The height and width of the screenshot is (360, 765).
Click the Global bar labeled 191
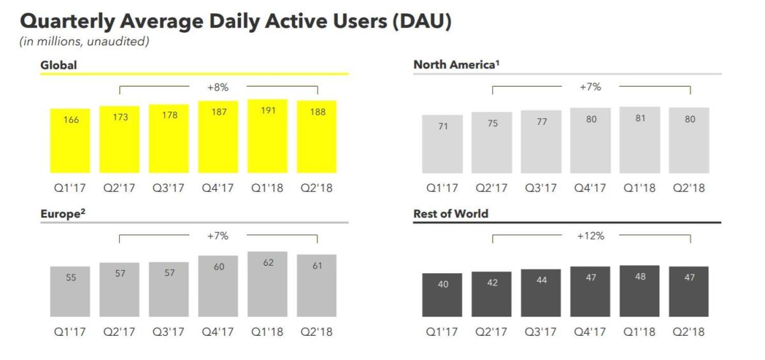[x=267, y=136]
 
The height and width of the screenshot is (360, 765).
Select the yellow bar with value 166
[x=70, y=141]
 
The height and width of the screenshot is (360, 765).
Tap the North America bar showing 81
[x=639, y=140]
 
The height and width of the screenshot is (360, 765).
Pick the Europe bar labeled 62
[x=267, y=284]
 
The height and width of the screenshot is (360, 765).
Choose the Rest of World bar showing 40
[x=442, y=295]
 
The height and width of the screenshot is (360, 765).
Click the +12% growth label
[x=590, y=236]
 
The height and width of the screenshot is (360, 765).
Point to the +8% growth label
[x=218, y=87]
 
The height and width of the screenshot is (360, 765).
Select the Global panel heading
[x=59, y=65]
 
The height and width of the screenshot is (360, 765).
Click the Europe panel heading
[x=63, y=213]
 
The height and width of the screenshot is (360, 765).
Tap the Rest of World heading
[x=451, y=213]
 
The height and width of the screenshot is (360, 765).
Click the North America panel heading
[x=456, y=64]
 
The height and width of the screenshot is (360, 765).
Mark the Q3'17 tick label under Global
[x=168, y=188]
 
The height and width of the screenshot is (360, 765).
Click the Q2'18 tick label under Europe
[x=316, y=332]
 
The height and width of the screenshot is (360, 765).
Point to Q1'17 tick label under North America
[x=442, y=188]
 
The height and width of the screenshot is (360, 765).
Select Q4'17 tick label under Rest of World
[x=590, y=332]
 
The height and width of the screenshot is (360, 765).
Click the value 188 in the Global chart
[x=317, y=112]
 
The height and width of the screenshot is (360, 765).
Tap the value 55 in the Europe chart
[x=71, y=277]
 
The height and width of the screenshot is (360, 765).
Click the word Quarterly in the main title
[x=68, y=21]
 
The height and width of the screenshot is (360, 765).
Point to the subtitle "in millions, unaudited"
[x=84, y=41]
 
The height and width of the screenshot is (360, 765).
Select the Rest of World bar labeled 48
[x=639, y=291]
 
